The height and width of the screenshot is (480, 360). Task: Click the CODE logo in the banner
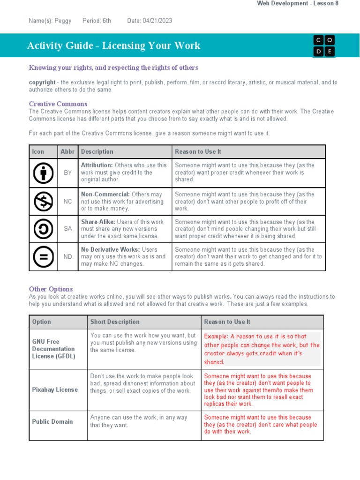point(324,45)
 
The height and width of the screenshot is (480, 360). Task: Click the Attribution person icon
point(43,172)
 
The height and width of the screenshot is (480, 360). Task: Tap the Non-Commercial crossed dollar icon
point(43,202)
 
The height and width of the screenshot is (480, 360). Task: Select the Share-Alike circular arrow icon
point(43,229)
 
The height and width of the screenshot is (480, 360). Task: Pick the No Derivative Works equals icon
point(43,256)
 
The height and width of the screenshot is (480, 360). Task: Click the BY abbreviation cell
point(68,172)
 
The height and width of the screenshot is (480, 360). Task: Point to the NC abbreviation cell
point(68,202)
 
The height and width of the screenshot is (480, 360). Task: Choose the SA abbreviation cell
point(68,229)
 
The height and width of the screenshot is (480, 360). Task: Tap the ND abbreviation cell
point(68,256)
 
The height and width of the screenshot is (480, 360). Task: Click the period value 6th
point(106,21)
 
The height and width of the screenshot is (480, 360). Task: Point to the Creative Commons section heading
point(58,104)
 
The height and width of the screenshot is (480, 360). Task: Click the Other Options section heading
point(51,289)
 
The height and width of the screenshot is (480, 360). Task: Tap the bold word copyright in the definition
point(42,82)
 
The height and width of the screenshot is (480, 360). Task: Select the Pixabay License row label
point(55,390)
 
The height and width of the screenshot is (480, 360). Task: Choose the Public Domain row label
point(52,421)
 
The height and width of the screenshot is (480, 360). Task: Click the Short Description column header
point(115,322)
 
